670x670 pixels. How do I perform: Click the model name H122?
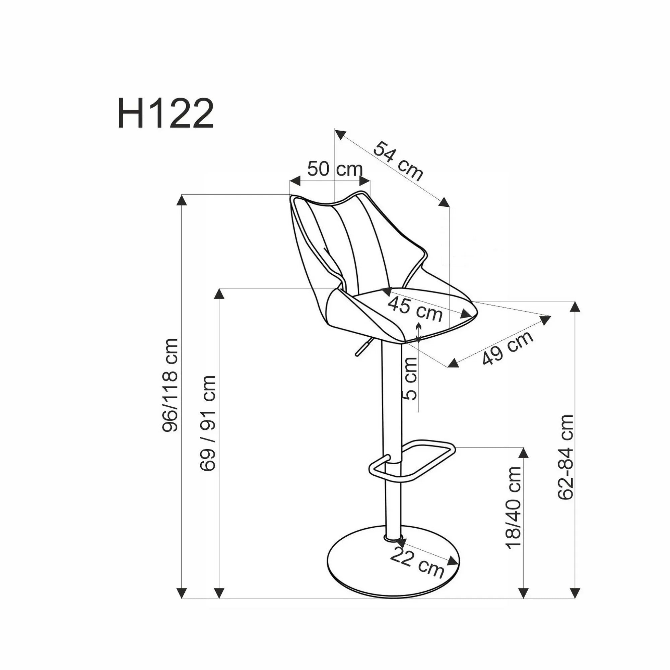click(165, 113)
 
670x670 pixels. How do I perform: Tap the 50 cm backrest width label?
click(335, 169)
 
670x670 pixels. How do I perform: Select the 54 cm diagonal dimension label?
click(398, 161)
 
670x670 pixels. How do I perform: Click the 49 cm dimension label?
click(507, 348)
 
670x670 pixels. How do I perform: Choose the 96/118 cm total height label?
click(170, 385)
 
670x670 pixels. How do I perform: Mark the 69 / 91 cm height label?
click(208, 423)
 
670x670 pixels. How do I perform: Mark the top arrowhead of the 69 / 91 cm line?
click(219, 293)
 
